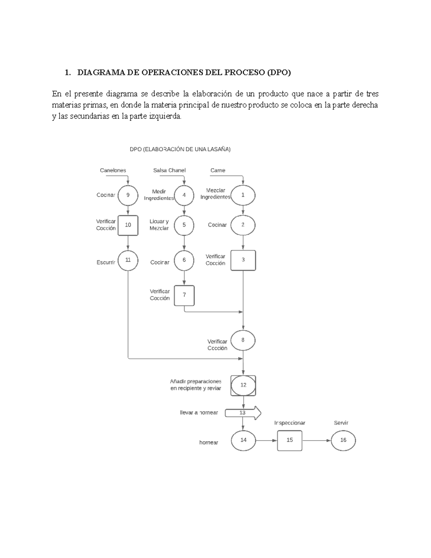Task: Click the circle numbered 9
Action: pos(128,195)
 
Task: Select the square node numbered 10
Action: pos(128,225)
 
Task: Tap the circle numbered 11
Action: pos(128,260)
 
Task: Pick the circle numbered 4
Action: pos(184,195)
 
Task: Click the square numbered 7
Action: pos(184,295)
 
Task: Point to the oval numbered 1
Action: pos(243,195)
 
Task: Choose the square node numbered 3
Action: pos(243,260)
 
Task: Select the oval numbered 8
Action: pos(243,340)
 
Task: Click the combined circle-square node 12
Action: pos(243,385)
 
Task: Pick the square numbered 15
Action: pos(289,440)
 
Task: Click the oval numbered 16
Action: pos(343,440)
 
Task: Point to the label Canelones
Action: pos(113,170)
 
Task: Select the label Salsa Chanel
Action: pos(169,170)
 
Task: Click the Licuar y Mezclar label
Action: pos(159,225)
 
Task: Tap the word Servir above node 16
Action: pos(341,423)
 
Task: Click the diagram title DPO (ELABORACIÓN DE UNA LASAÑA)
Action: pos(180,149)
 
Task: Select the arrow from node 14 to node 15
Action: pos(266,440)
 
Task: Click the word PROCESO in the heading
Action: pos(244,73)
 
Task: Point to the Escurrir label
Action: pos(106,263)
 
